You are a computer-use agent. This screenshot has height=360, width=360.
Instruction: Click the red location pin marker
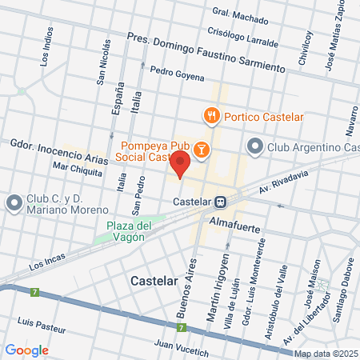tap(179, 166)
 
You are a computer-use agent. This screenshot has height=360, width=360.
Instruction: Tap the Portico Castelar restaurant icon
tap(212, 115)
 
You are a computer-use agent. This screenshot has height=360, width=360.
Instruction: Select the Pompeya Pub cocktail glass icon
tap(202, 149)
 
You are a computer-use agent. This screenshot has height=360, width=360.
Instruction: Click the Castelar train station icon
tap(229, 202)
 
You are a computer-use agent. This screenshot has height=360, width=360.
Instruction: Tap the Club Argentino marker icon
tap(255, 146)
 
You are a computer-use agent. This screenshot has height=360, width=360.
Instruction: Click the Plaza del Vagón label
tap(129, 230)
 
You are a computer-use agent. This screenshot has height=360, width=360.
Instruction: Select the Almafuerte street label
tap(235, 218)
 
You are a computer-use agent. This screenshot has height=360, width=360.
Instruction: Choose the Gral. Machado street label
tap(241, 14)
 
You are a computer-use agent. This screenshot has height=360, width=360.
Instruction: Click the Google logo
tap(26, 350)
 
